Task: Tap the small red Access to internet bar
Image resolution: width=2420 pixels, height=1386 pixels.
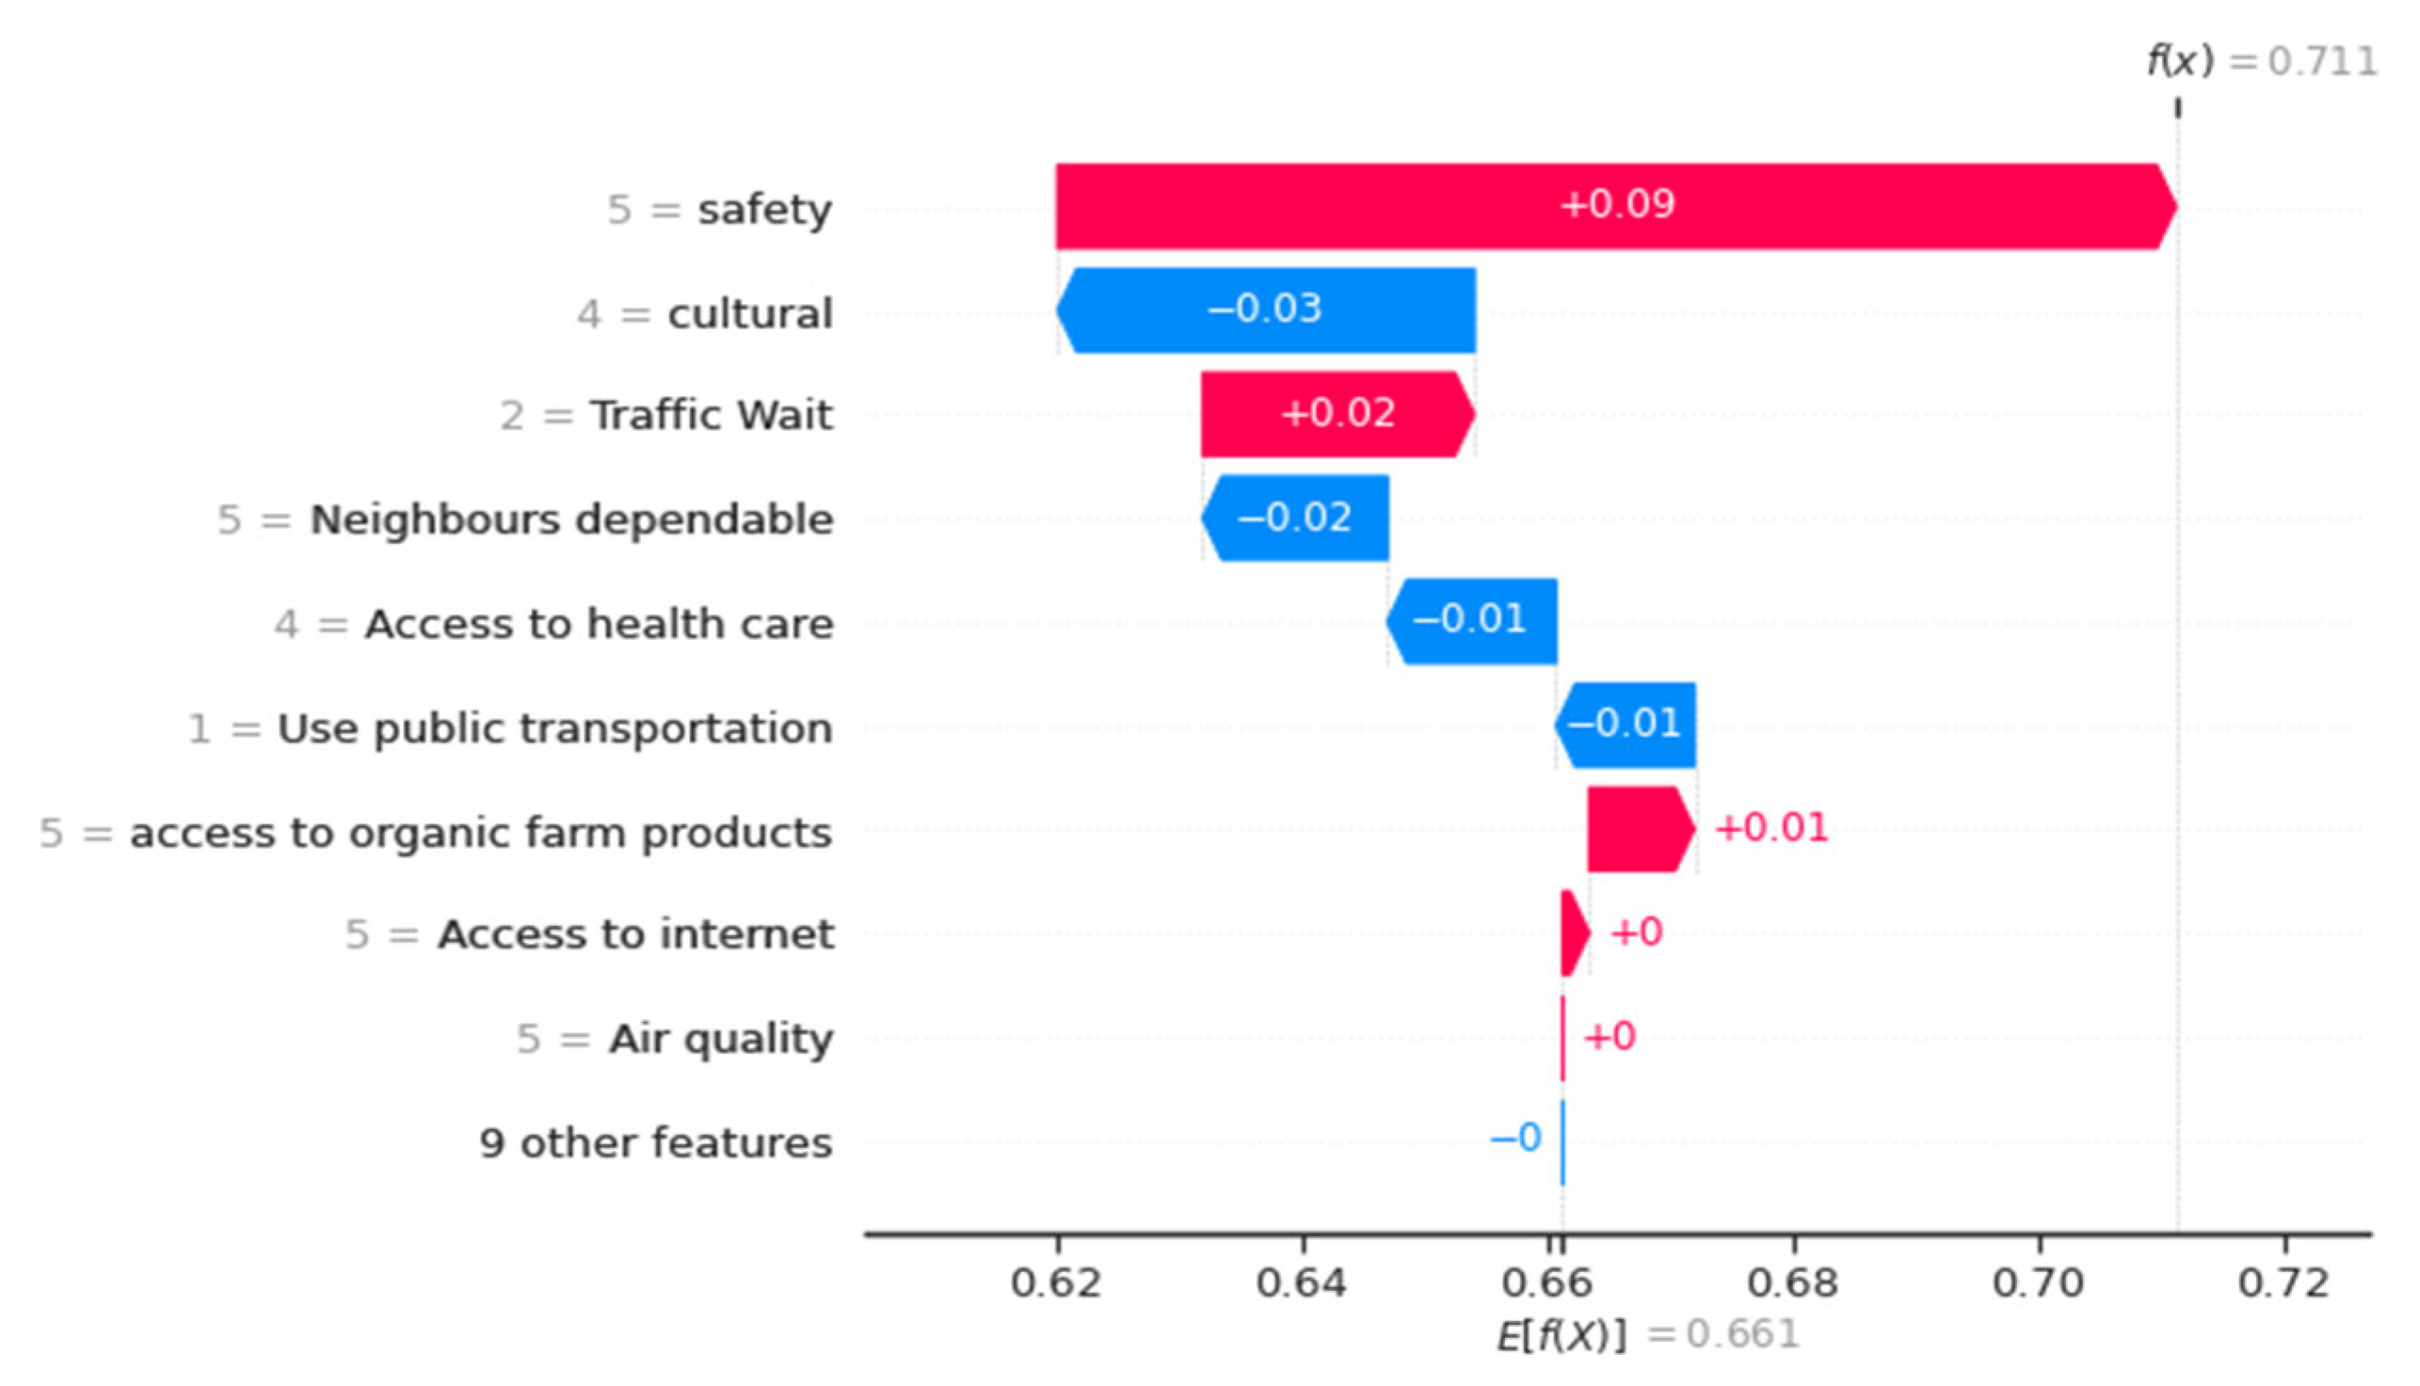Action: tap(1574, 932)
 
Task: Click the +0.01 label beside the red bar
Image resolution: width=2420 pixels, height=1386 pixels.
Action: tap(1771, 827)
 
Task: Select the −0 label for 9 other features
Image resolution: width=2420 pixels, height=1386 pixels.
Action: tap(1515, 1138)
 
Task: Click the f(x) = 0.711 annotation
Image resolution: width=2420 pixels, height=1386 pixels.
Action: tap(2261, 62)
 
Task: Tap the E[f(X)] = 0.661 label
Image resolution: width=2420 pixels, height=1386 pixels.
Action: tap(1647, 1334)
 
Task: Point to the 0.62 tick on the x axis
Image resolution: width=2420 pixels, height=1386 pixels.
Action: tap(1056, 1283)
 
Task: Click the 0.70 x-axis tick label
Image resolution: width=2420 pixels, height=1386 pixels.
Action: tap(2038, 1283)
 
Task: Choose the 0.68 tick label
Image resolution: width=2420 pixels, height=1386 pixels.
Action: tap(1792, 1283)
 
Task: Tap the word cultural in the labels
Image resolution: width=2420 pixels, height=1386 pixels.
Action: tap(749, 313)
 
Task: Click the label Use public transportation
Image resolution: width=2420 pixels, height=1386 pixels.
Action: tap(554, 728)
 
